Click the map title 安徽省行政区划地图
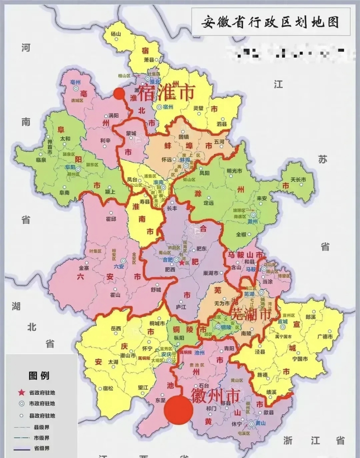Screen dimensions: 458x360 (270, 23)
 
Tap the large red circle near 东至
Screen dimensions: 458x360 (179, 410)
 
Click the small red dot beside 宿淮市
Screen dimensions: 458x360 (119, 94)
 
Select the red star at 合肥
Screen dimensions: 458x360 (182, 263)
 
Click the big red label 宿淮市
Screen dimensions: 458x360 (166, 92)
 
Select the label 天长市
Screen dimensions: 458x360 (298, 179)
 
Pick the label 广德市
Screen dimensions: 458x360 (325, 337)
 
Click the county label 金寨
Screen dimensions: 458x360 (84, 267)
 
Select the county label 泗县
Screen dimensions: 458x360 (222, 124)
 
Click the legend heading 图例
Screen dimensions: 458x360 (39, 376)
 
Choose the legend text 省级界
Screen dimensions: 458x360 (42, 448)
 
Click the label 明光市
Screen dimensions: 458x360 (234, 171)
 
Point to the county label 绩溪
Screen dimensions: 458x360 (272, 392)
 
